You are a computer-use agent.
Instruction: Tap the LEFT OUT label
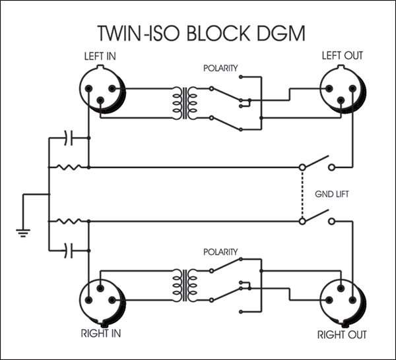tap(342, 55)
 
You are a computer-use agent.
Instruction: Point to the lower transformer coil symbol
tap(186, 283)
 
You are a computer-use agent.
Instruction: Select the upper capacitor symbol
tap(69, 138)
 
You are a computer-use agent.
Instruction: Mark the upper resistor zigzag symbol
tap(69, 167)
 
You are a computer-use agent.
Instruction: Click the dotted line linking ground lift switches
tap(302, 194)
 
